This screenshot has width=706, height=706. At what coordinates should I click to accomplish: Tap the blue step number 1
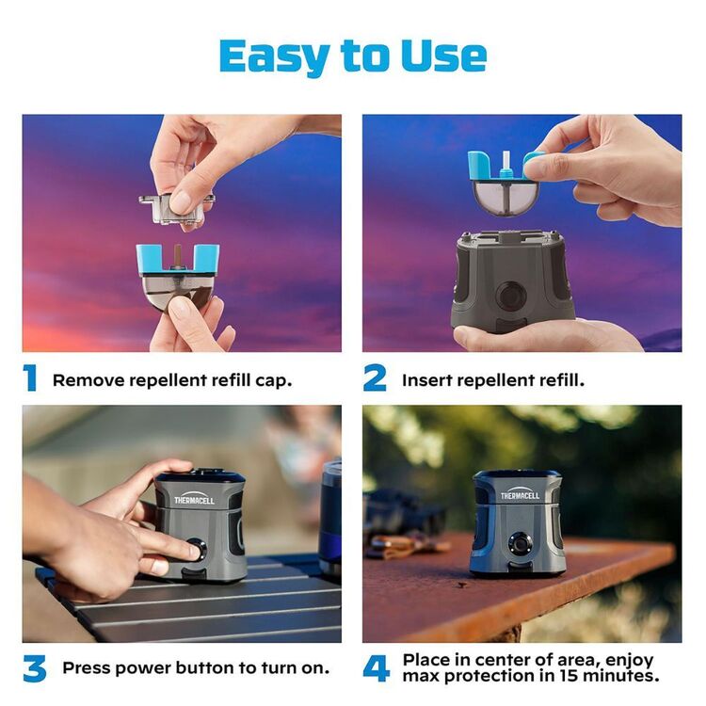(31, 378)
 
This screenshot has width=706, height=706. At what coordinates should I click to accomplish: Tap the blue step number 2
(375, 378)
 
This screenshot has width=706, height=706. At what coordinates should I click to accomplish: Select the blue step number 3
(34, 669)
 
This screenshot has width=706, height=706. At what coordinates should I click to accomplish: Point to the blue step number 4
(376, 669)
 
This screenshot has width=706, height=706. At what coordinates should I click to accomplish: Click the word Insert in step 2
(428, 380)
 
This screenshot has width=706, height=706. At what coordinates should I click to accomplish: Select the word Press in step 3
(88, 668)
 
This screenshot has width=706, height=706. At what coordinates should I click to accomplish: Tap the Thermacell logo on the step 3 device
(194, 499)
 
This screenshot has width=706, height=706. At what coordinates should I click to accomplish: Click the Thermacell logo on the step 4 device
(520, 494)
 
